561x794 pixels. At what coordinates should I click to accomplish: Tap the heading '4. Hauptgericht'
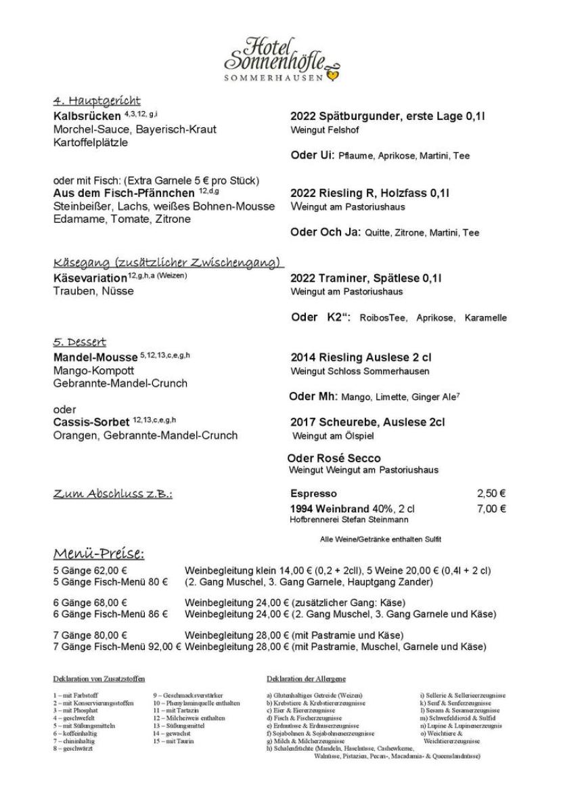tap(97, 102)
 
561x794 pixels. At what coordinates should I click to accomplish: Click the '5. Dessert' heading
tap(79, 342)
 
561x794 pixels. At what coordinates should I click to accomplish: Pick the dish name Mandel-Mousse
tap(94, 357)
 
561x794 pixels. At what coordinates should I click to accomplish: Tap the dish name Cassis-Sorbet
tap(91, 422)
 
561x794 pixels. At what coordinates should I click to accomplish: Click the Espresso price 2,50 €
tap(491, 494)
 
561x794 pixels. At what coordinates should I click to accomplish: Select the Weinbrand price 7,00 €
tap(491, 509)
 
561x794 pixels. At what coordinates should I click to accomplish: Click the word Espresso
tap(313, 494)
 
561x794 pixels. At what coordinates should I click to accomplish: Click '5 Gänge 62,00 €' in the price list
tap(91, 570)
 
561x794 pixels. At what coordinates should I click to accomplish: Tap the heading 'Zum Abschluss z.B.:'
tap(112, 494)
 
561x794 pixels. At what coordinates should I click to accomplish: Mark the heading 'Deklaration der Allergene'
tap(306, 678)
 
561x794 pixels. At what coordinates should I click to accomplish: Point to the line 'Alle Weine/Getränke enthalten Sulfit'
tap(380, 539)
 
